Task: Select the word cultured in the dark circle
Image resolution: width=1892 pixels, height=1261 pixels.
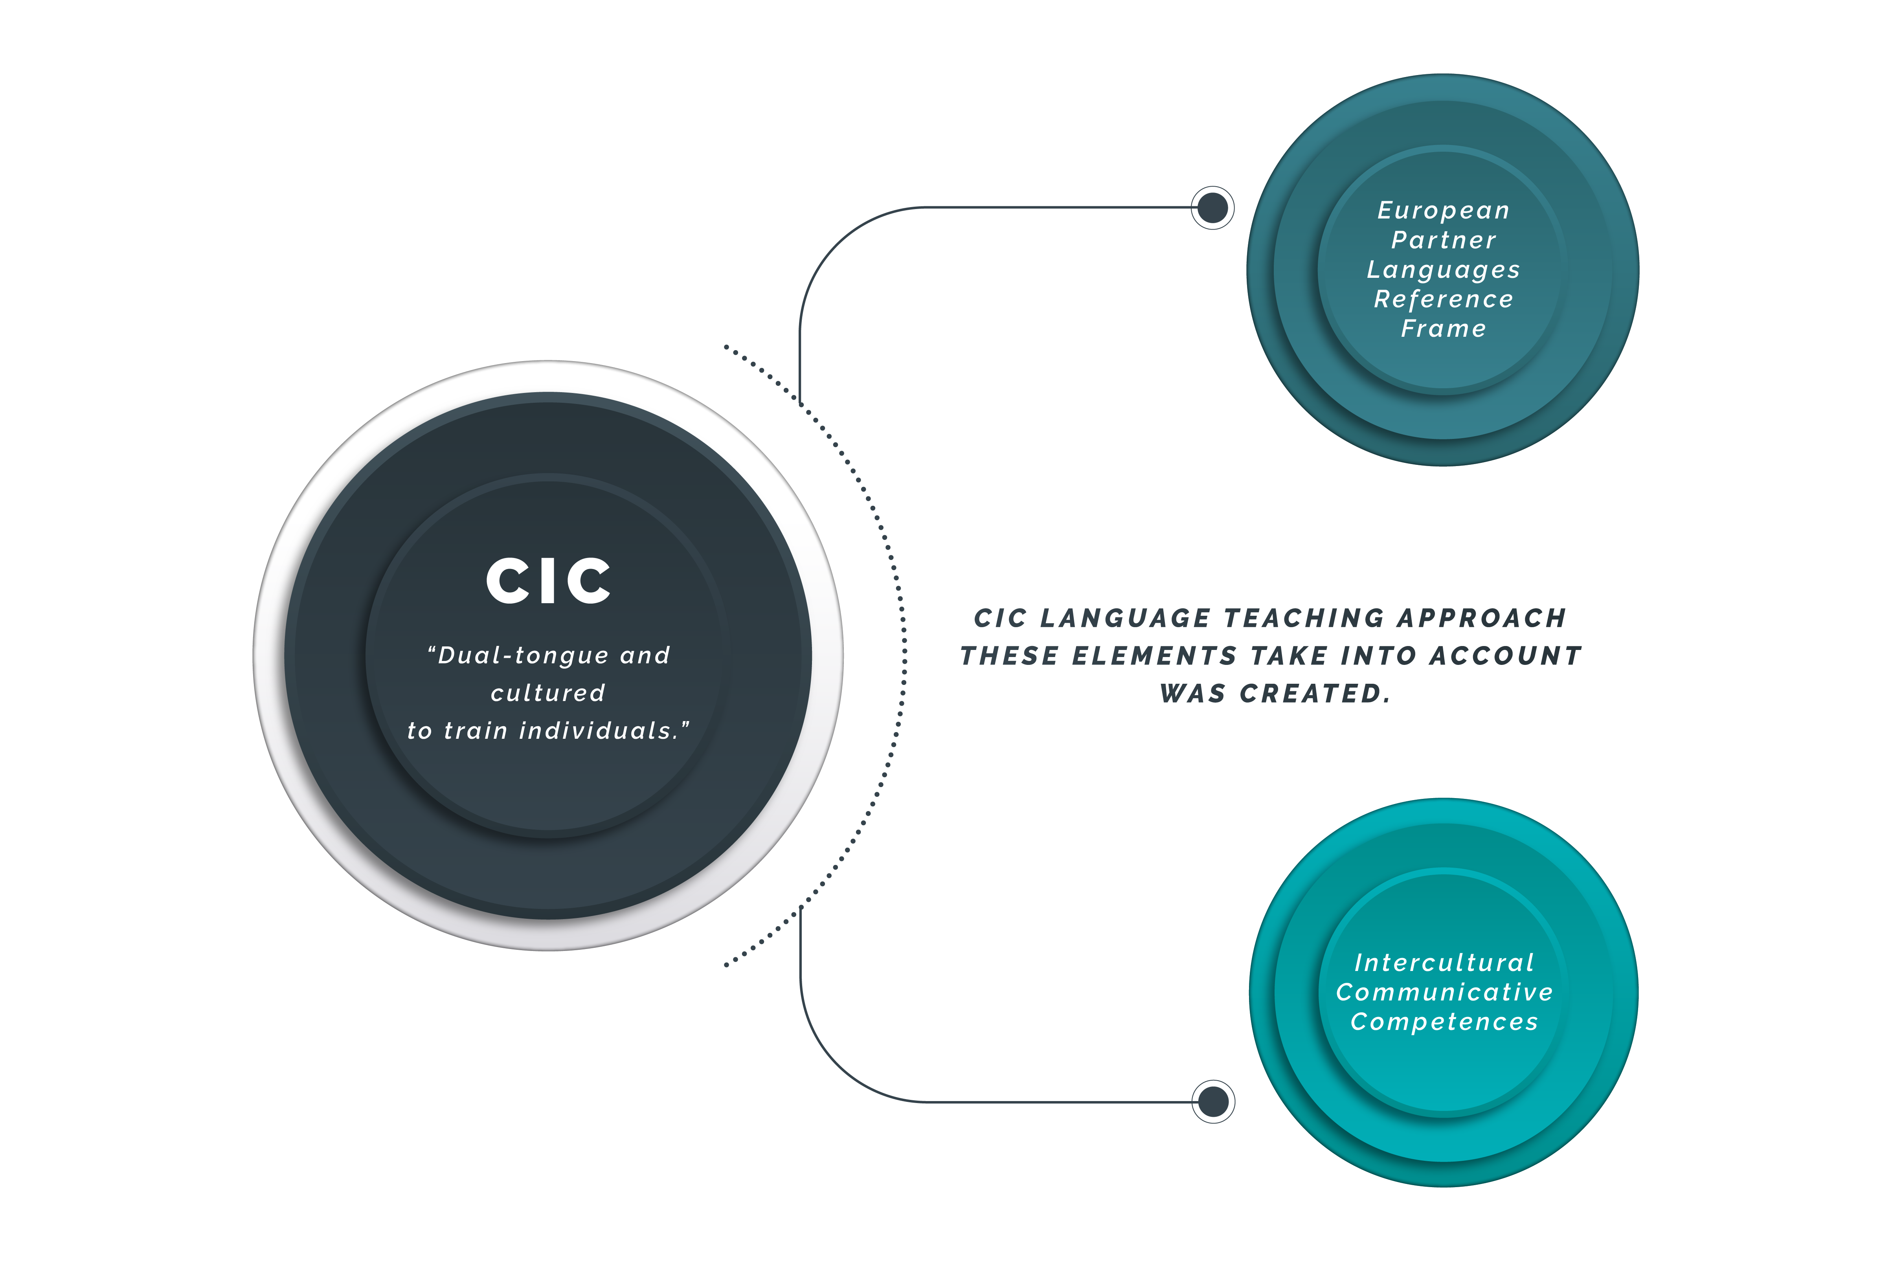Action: coord(548,693)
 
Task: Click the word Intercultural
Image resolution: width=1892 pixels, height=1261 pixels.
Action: coord(1444,963)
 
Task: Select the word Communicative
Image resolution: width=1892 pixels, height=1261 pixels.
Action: coord(1444,992)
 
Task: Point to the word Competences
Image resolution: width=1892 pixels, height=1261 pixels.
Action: coord(1444,1022)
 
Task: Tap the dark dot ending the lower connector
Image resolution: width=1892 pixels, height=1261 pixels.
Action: coord(1213,1102)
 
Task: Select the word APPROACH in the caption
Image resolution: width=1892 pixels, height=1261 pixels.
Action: coord(1482,619)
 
